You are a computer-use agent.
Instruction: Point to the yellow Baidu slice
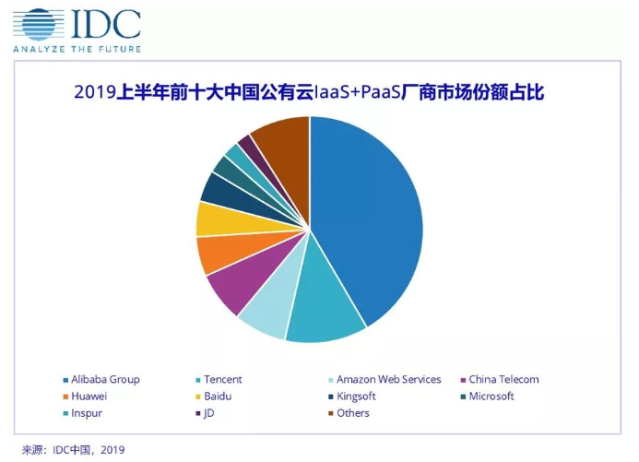217,219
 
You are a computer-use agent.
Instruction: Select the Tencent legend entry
222,379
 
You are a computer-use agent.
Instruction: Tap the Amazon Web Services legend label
388,379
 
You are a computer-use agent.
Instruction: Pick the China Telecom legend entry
503,379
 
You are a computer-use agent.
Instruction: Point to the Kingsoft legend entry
356,397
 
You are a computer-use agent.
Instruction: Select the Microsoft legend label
491,397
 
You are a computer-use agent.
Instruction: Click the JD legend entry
208,413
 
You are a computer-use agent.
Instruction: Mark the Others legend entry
352,413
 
